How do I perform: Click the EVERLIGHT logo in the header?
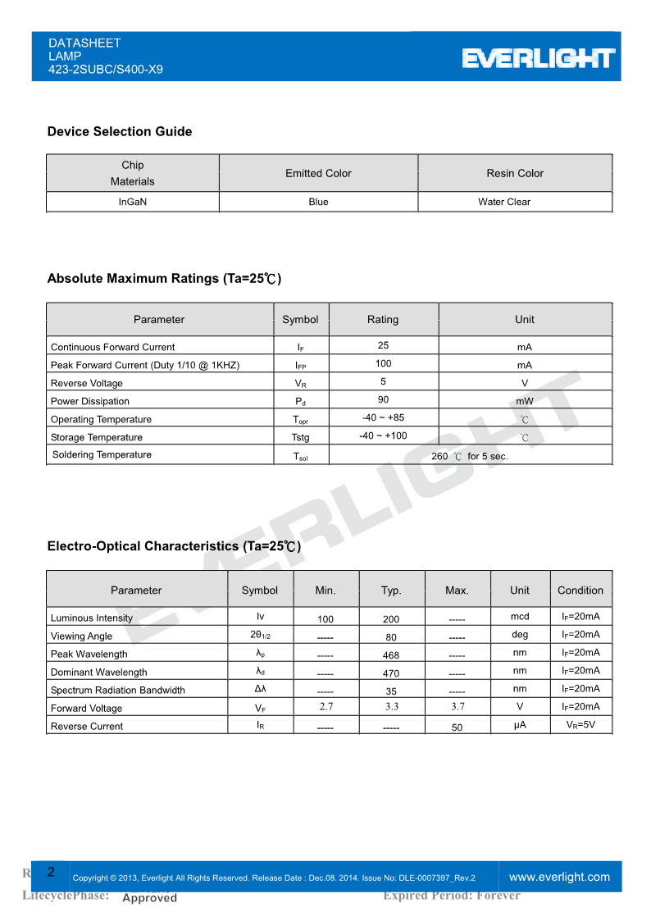(538, 58)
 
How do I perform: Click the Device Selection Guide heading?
(120, 131)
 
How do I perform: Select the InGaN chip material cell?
(133, 202)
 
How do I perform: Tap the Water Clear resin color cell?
(504, 202)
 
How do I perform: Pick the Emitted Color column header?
(318, 173)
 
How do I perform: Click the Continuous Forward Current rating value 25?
(383, 345)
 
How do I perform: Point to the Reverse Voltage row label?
(87, 383)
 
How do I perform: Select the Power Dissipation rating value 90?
(383, 399)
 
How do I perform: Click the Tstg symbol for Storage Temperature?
(301, 437)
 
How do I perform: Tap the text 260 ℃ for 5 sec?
(470, 456)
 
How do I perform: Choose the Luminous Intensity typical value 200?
(391, 619)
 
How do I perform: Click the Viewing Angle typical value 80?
(391, 637)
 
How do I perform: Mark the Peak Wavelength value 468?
(391, 655)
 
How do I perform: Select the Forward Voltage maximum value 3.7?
(458, 706)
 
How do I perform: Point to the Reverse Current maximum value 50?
(458, 727)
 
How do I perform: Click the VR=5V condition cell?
(580, 725)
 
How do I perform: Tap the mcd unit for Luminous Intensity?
(520, 617)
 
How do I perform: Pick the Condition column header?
(580, 590)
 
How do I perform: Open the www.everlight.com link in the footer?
(560, 877)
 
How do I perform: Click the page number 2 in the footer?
(51, 872)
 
